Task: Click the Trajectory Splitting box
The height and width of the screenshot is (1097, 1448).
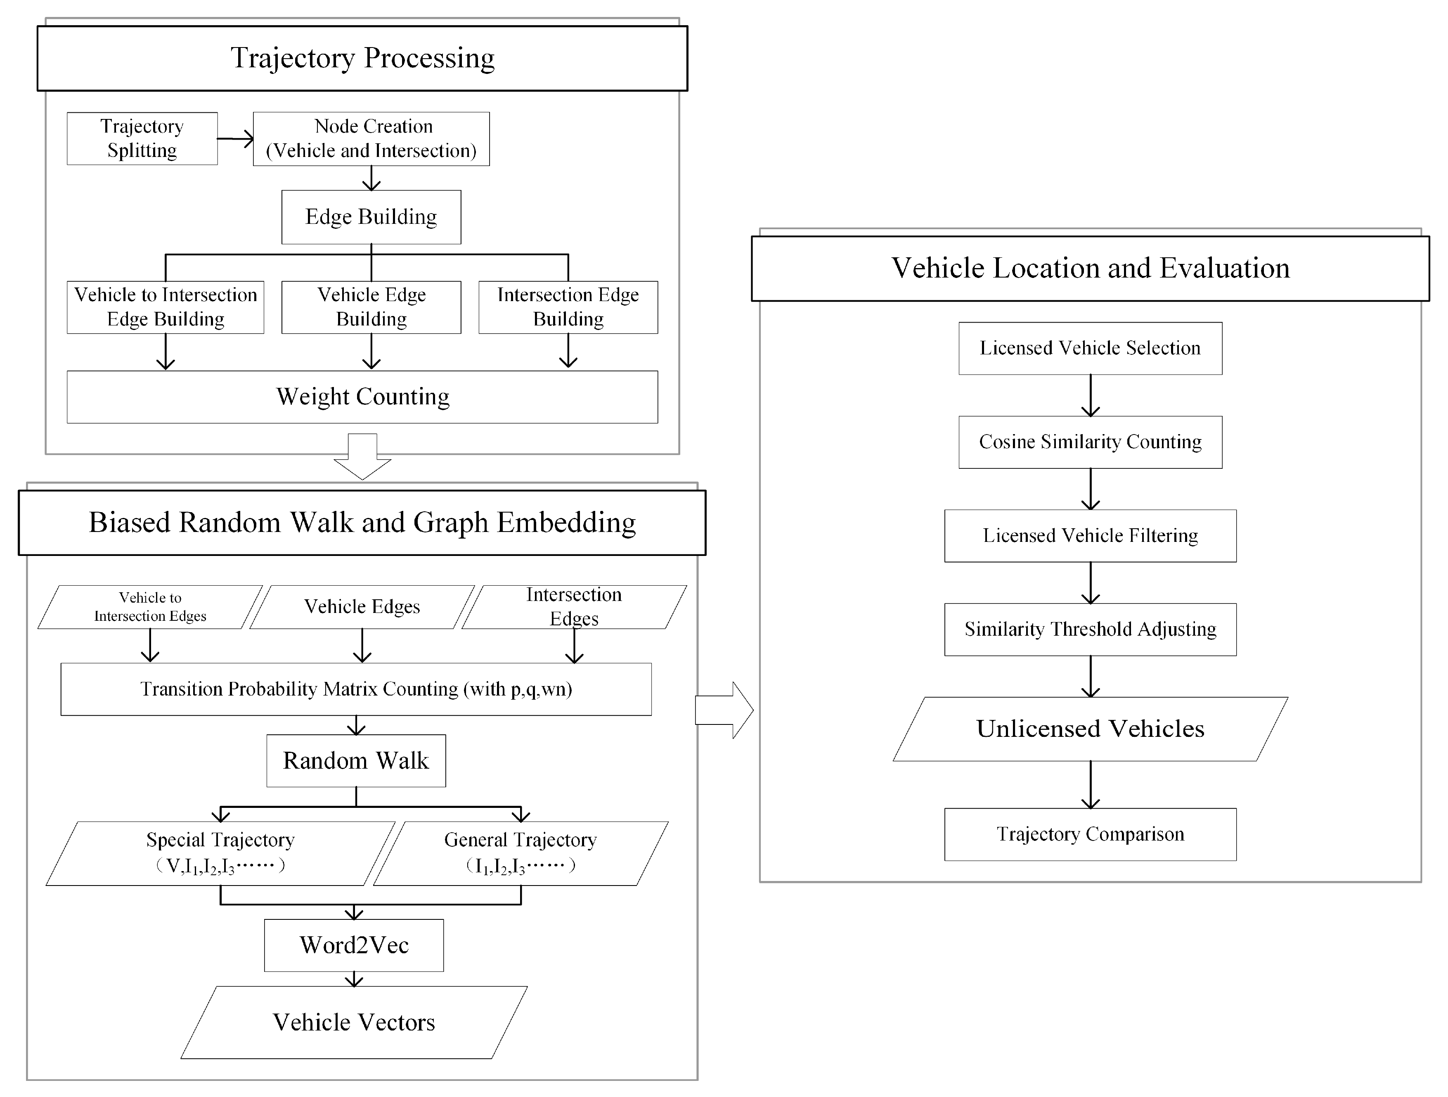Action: tap(142, 138)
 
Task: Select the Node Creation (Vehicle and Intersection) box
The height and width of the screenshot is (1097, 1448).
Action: tap(371, 138)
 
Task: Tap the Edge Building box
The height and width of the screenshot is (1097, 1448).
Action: tap(371, 217)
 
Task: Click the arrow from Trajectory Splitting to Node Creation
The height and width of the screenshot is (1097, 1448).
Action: tap(235, 138)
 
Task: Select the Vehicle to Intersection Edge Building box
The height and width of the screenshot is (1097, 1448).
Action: tap(166, 307)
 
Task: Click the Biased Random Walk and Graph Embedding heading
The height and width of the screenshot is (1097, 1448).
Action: tap(362, 522)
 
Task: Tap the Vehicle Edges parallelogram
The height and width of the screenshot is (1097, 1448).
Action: tap(362, 606)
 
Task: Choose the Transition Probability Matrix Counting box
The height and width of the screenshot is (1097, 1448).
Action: tap(356, 689)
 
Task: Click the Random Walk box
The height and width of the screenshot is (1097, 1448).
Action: tap(356, 760)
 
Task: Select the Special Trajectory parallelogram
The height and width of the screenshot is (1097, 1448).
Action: tap(220, 853)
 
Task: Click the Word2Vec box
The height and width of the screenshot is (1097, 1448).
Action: tap(354, 945)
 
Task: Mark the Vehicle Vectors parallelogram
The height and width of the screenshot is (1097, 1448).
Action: tap(354, 1022)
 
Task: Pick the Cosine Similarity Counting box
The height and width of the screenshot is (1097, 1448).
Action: tap(1090, 442)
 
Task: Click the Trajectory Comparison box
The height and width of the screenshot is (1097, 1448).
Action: tap(1090, 834)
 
